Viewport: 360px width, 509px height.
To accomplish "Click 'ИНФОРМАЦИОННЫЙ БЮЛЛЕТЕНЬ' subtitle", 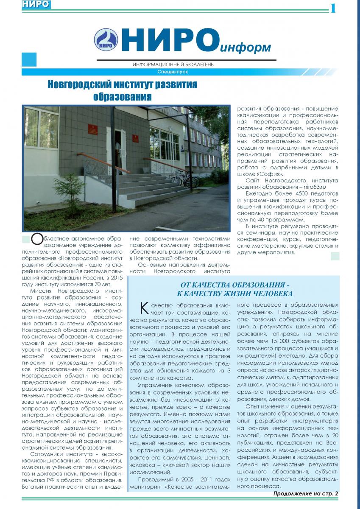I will click(173, 64).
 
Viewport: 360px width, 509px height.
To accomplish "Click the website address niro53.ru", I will click(313, 186).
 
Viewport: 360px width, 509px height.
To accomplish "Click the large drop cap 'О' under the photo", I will click(37, 239).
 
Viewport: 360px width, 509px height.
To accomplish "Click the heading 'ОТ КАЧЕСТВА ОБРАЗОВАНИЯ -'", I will click(235, 285).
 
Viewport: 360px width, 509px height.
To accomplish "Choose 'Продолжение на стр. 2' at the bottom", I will click(305, 493).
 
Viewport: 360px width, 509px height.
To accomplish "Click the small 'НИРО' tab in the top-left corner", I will click(29, 4).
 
